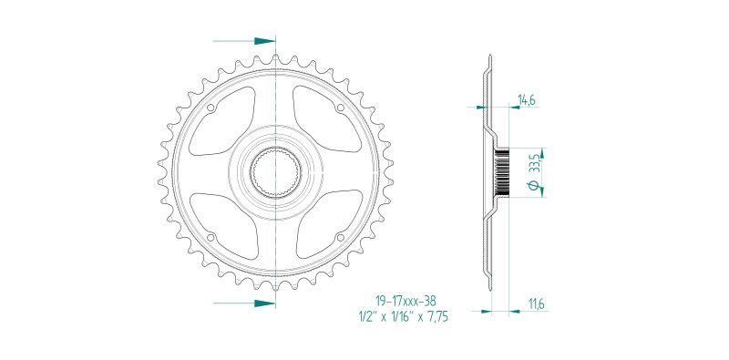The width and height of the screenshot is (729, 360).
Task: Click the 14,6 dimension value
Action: point(526,99)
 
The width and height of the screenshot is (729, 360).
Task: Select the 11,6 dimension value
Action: point(537,304)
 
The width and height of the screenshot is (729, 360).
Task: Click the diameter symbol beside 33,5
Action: point(536,186)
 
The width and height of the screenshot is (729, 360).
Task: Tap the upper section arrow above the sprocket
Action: point(244,41)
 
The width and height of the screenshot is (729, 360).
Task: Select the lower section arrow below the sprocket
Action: point(244,303)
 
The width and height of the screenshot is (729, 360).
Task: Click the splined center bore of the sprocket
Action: point(276,173)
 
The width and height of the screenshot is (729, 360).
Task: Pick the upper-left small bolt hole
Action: point(210,108)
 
